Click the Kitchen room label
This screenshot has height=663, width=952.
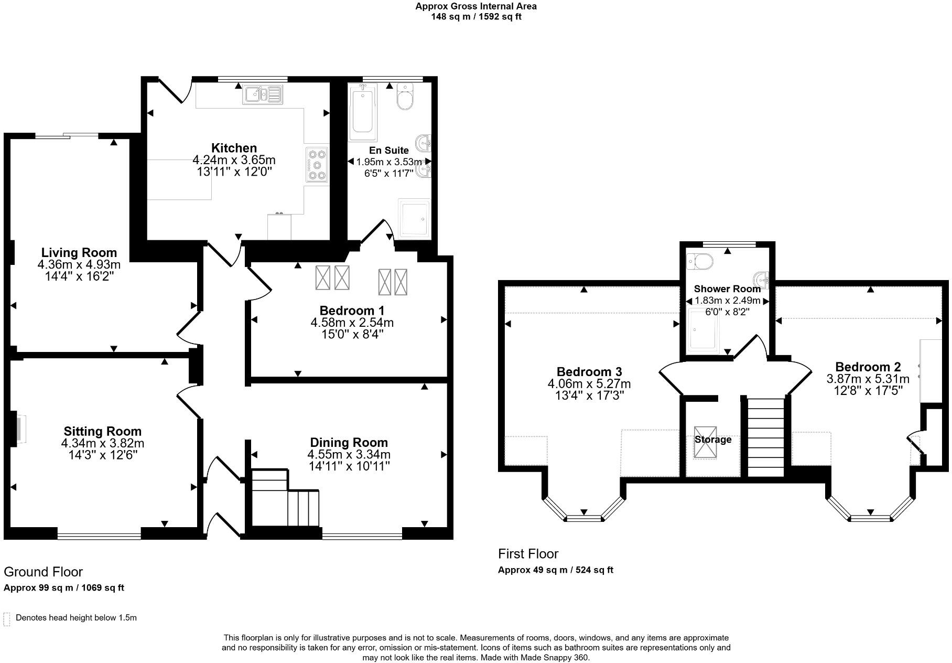point(234,148)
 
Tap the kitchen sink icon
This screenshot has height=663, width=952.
point(263,94)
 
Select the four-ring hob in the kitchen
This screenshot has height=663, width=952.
point(317,165)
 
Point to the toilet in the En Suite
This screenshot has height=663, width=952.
point(405,97)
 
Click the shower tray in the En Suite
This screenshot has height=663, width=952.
point(414,217)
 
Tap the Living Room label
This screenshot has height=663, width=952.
point(79,253)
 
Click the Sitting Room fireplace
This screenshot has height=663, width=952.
point(17,429)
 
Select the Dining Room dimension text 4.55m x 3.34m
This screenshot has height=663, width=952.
point(349,454)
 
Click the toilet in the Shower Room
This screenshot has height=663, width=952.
point(700,261)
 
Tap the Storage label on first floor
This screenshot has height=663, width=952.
point(712,440)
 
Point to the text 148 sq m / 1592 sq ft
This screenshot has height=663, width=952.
point(476,16)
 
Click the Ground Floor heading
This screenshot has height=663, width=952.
point(43,572)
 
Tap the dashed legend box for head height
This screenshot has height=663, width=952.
point(7,619)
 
